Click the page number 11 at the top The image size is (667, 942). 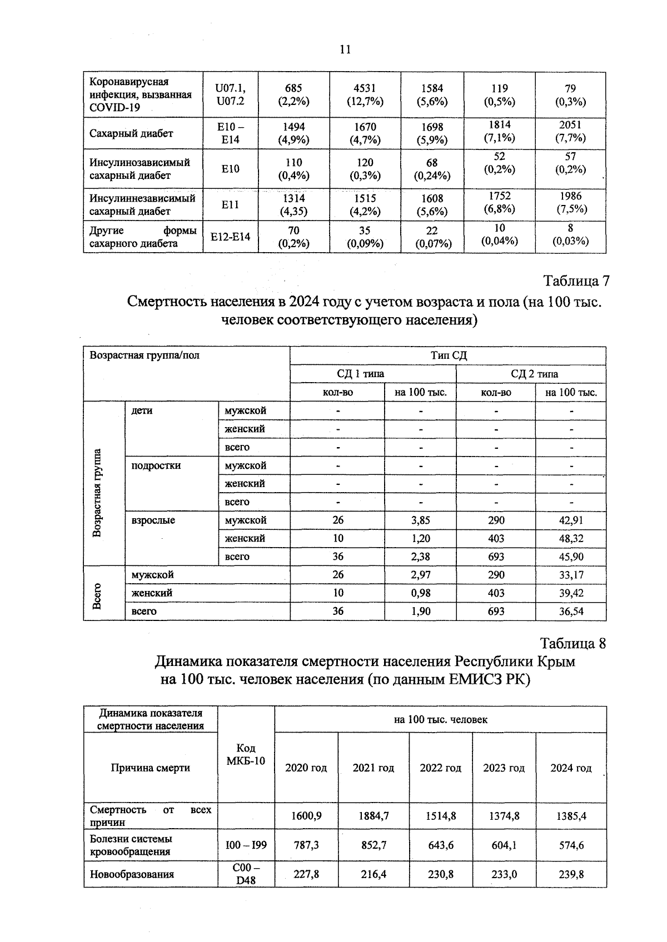[x=345, y=49]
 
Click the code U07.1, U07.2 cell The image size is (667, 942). [x=230, y=95]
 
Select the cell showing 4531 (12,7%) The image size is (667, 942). [x=365, y=95]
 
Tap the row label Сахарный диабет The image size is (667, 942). [x=131, y=133]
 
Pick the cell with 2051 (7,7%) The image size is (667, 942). [x=570, y=132]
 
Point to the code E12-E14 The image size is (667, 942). [x=230, y=237]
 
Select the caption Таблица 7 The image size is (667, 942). [x=576, y=281]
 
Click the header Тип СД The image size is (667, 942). [x=448, y=355]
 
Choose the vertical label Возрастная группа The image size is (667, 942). [x=97, y=493]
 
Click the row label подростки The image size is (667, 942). [x=156, y=465]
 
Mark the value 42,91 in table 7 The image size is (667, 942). [x=571, y=520]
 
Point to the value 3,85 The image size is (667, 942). [x=420, y=520]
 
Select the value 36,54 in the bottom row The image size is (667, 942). [x=571, y=612]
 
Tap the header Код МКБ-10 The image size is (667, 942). [x=246, y=754]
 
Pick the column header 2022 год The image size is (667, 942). [x=440, y=768]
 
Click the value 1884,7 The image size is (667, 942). [x=373, y=816]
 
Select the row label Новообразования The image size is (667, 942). [x=132, y=874]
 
